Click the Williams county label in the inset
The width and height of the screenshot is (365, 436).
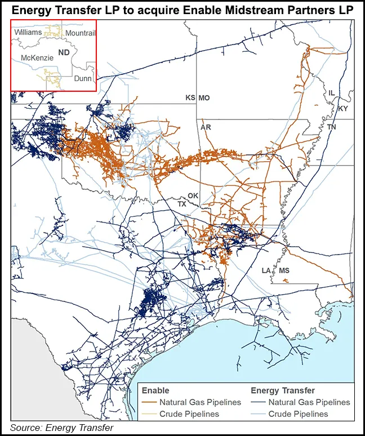[x=28, y=33]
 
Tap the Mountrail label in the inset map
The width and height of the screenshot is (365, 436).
[x=81, y=34]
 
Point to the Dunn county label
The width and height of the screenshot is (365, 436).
[x=83, y=79]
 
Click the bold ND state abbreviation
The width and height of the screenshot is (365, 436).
[x=64, y=50]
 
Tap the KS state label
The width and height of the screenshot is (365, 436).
[x=190, y=98]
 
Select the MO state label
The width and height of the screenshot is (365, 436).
[x=204, y=98]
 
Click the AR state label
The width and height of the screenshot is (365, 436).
[x=206, y=128]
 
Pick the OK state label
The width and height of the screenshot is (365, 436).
[x=193, y=195]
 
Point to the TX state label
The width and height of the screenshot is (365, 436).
[x=182, y=203]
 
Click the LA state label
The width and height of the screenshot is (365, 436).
[x=266, y=271]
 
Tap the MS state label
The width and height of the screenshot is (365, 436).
[x=284, y=271]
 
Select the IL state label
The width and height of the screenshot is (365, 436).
[x=331, y=92]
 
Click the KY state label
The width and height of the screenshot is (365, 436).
[x=344, y=108]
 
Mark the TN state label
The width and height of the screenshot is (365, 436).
[x=331, y=128]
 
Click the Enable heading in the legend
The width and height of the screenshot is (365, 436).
[x=155, y=390]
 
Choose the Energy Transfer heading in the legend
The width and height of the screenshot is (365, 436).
[x=283, y=390]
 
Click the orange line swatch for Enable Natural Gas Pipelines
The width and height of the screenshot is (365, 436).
[x=149, y=402]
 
